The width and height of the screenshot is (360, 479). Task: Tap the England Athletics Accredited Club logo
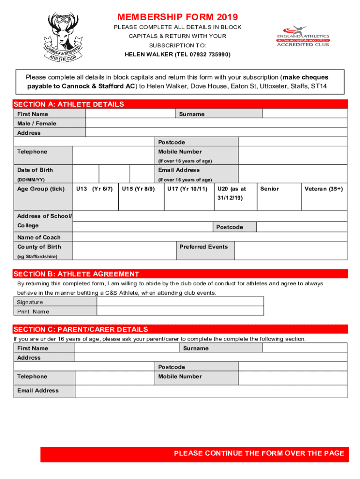click(303, 36)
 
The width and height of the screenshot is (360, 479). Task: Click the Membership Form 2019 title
click(178, 17)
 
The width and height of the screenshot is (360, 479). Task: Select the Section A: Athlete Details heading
click(69, 104)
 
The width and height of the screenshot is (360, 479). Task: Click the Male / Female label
click(36, 123)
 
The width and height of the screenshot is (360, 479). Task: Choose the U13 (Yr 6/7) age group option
click(94, 189)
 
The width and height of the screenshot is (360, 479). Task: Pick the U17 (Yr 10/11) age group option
click(187, 189)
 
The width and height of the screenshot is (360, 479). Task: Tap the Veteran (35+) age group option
click(324, 189)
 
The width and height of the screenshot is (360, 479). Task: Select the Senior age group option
click(269, 189)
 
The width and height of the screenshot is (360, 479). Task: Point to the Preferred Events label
click(204, 247)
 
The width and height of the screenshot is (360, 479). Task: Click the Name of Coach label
click(39, 237)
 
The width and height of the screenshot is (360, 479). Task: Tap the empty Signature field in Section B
click(180, 302)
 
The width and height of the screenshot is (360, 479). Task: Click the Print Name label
click(33, 312)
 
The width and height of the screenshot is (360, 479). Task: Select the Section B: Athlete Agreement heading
click(76, 274)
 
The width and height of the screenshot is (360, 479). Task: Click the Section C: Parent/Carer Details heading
click(81, 329)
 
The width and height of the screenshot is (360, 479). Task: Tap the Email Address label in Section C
click(38, 391)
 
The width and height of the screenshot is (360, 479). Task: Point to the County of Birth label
click(39, 247)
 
